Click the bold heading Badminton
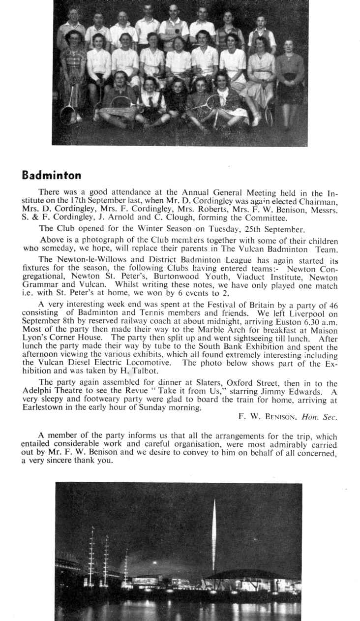[x=52, y=175]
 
